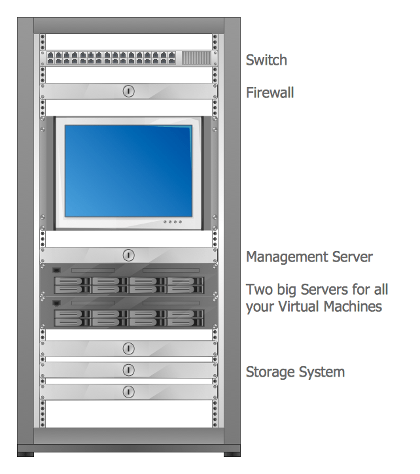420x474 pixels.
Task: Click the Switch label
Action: coord(266,60)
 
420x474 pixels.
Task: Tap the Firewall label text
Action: coord(270,93)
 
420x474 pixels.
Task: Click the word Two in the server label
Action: coord(258,289)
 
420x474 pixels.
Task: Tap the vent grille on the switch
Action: coord(196,58)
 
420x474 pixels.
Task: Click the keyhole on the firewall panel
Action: coord(129,91)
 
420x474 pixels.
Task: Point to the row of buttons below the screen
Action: coord(172,222)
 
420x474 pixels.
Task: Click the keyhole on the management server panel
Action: coord(129,255)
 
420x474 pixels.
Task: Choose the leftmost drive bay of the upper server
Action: coord(73,284)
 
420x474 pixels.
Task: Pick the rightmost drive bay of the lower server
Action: coord(185,318)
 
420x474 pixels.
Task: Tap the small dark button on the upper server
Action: coord(56,270)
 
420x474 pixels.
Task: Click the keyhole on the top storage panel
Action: coord(129,348)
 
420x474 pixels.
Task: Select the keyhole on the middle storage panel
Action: coord(129,370)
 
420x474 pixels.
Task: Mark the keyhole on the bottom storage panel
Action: coord(129,392)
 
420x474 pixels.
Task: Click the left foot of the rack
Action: coord(26,452)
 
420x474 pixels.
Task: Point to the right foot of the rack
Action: coord(232,452)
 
